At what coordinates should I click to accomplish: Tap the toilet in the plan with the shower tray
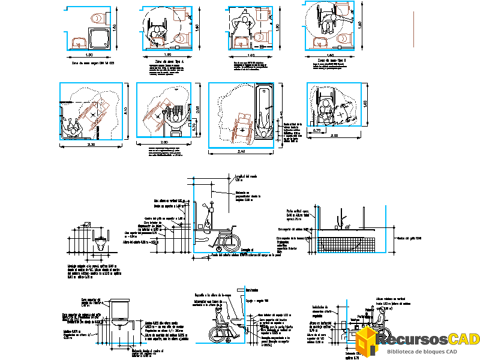click(x=94, y=19)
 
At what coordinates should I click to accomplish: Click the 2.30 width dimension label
click(x=91, y=145)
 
